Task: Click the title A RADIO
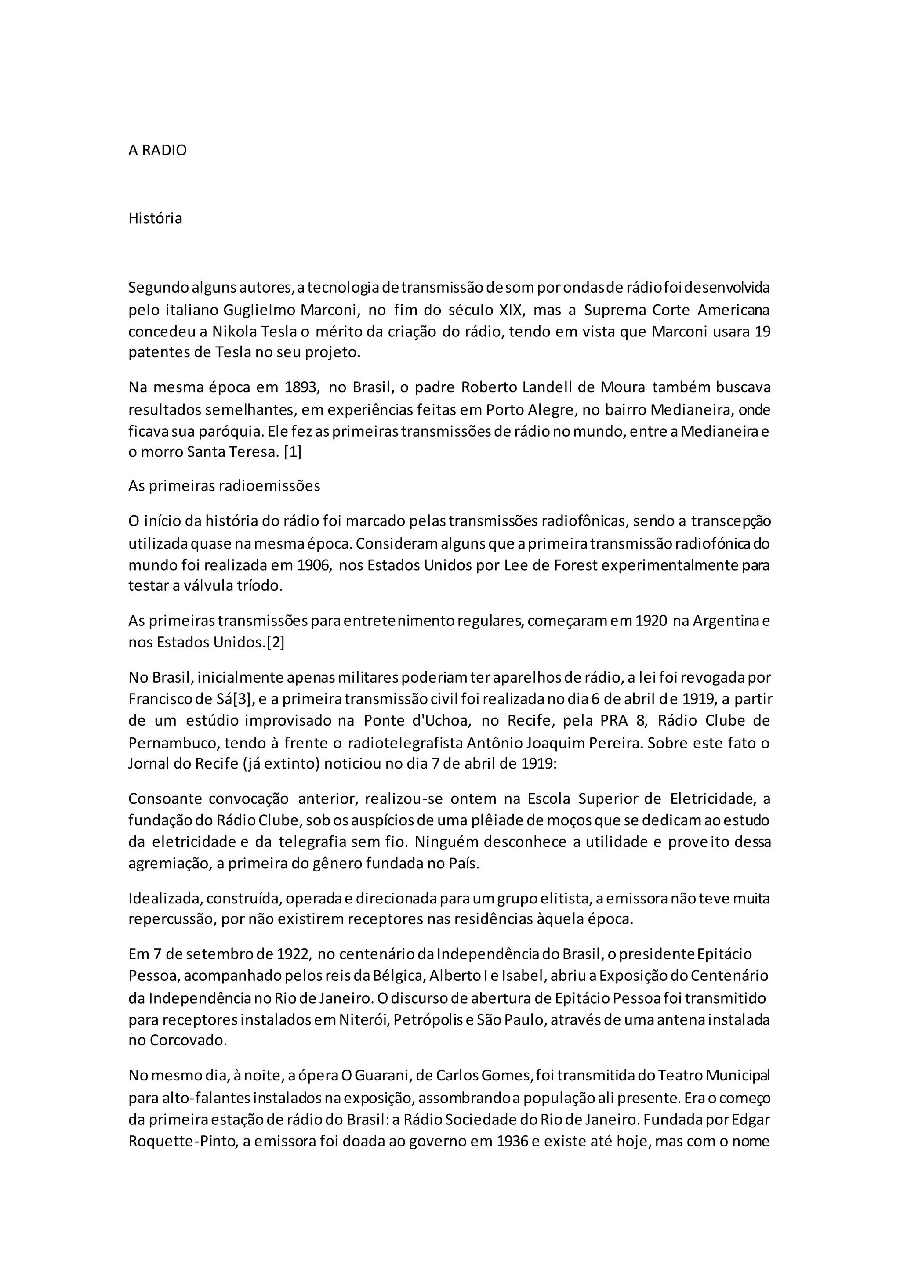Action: point(157,151)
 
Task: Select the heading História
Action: point(155,218)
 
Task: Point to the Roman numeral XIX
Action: point(505,310)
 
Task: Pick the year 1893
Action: point(303,387)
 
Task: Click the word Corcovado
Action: point(188,1041)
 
